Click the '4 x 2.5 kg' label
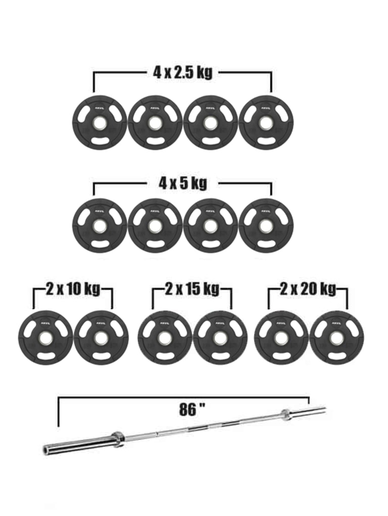pyautogui.click(x=182, y=72)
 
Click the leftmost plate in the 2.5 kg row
pyautogui.click(x=100, y=123)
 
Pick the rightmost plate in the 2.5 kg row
pyautogui.click(x=266, y=123)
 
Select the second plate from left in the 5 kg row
pyautogui.click(x=155, y=225)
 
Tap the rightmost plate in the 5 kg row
pyautogui.click(x=266, y=225)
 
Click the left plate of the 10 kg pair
pyautogui.click(x=45, y=337)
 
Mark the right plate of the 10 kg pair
pyautogui.click(x=101, y=337)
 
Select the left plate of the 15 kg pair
pyautogui.click(x=165, y=337)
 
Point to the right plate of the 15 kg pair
pyautogui.click(x=220, y=337)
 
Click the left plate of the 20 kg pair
pyautogui.click(x=281, y=337)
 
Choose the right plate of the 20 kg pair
pyautogui.click(x=336, y=337)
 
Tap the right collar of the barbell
pyautogui.click(x=285, y=414)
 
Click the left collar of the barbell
pyautogui.click(x=117, y=438)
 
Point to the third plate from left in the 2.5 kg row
pyautogui.click(x=210, y=123)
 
